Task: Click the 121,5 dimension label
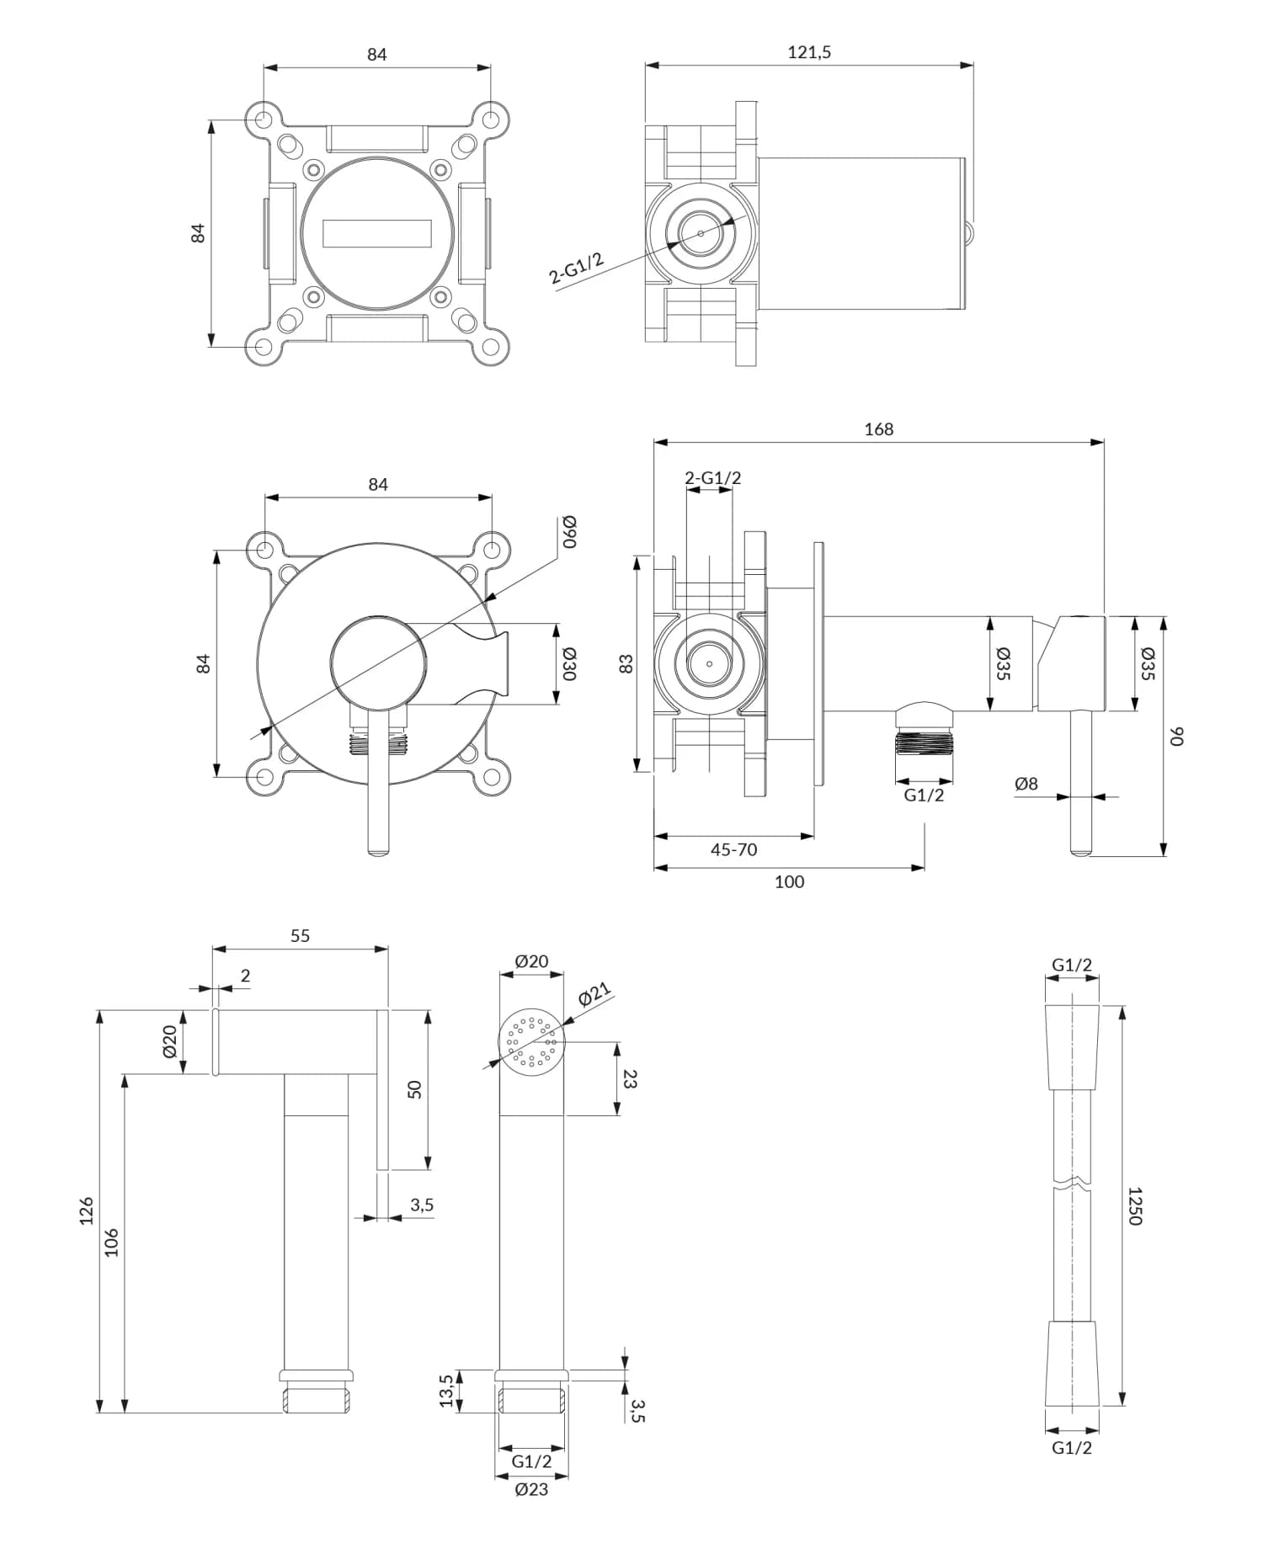coord(809,52)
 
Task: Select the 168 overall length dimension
coord(878,429)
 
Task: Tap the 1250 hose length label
coord(1134,1205)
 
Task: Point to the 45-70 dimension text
coord(733,849)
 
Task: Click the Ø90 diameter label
coord(569,531)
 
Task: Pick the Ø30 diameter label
coord(569,664)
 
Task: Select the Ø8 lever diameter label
coord(1026,784)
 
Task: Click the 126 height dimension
coord(87,1210)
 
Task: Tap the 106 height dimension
coord(112,1242)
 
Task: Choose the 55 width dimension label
coord(300,935)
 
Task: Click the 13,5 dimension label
coord(446,1390)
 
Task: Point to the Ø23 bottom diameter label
coord(531,1489)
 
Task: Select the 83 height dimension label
coord(625,663)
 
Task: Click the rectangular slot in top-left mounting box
coord(376,233)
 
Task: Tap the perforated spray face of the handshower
coord(532,1042)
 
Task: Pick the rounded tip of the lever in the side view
coord(1080,852)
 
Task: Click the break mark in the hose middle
coord(1072,1185)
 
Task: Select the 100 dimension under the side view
coord(789,881)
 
